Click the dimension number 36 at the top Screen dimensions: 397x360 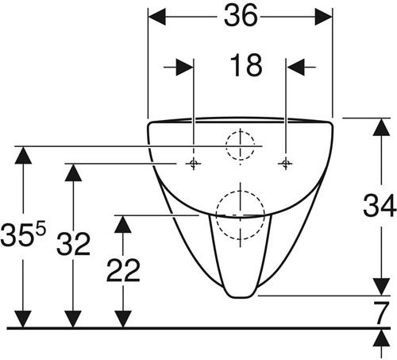click(x=241, y=16)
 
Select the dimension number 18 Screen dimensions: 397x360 click(x=246, y=65)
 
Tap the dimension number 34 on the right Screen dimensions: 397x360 click(x=380, y=206)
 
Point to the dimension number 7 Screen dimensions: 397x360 click(x=381, y=313)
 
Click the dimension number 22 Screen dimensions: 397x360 click(x=123, y=270)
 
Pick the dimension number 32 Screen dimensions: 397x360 click(x=73, y=244)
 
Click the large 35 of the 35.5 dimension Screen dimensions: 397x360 click(x=17, y=234)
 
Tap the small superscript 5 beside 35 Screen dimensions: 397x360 click(x=40, y=229)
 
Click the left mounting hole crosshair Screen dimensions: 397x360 click(x=194, y=164)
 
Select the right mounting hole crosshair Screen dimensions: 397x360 click(x=285, y=164)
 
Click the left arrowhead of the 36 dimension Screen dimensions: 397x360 click(x=157, y=17)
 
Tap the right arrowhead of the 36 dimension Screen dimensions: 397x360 click(x=323, y=17)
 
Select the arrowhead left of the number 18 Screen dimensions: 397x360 click(x=185, y=68)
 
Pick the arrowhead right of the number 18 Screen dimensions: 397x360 click(x=295, y=68)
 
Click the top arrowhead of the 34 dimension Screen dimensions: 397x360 click(x=381, y=127)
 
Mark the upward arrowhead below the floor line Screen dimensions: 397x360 click(x=381, y=339)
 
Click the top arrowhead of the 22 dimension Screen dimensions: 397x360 click(x=123, y=224)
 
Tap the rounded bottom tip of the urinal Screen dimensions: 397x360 click(x=241, y=296)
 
